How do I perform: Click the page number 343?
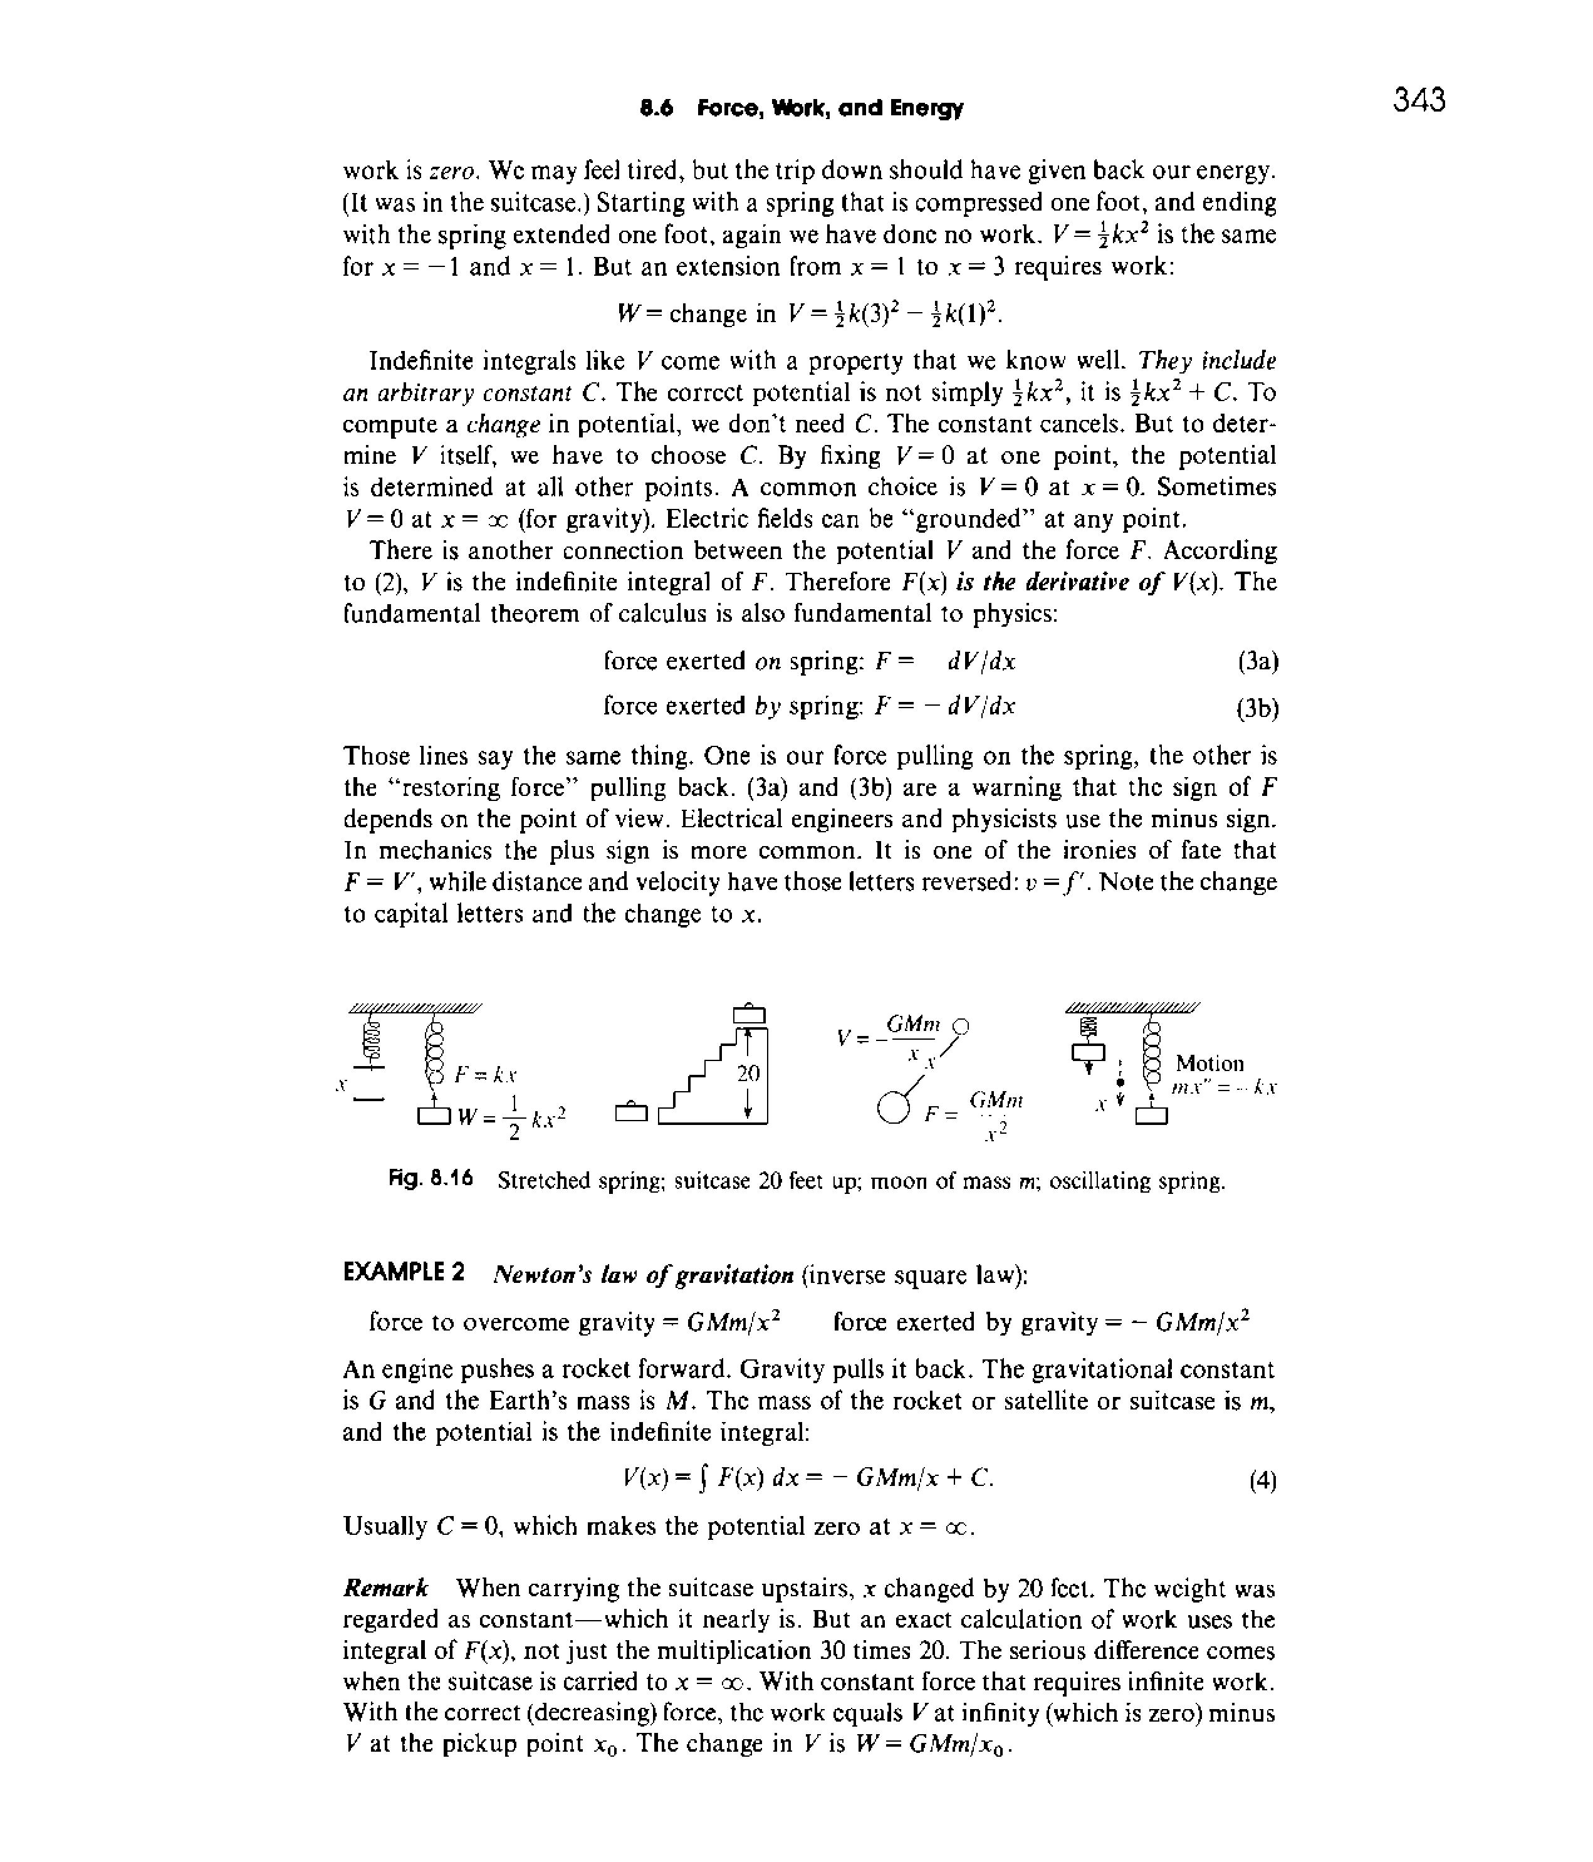click(x=1419, y=100)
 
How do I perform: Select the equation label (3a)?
click(x=1257, y=662)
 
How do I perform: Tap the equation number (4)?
click(x=1262, y=1481)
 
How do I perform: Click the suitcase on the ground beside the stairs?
click(x=630, y=1114)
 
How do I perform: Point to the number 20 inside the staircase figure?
click(x=748, y=1073)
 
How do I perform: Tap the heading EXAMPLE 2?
click(x=404, y=1274)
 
